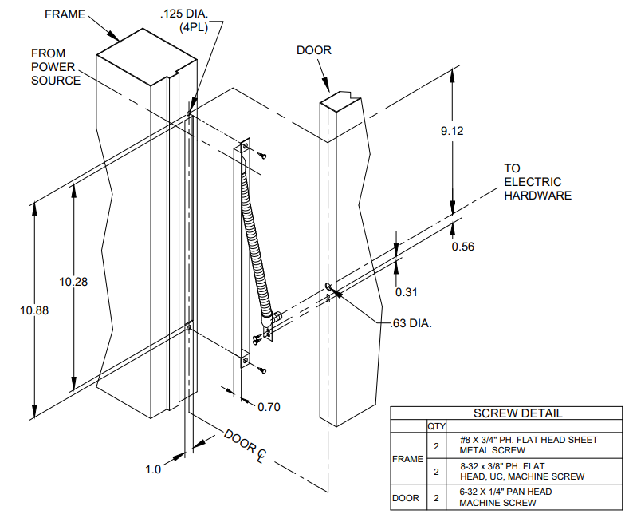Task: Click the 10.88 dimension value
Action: click(34, 310)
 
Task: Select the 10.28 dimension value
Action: click(73, 281)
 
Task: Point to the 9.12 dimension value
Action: click(451, 131)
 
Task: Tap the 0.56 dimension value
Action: click(462, 247)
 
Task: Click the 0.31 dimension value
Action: click(407, 291)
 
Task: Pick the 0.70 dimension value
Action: click(269, 407)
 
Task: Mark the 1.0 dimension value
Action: click(153, 469)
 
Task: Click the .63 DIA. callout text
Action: click(411, 324)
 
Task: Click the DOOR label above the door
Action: click(314, 50)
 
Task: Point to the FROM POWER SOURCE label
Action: click(55, 67)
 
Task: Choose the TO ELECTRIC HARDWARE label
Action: click(537, 182)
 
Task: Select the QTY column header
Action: click(437, 426)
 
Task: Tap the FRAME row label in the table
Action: click(407, 459)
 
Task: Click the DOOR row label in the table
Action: click(407, 498)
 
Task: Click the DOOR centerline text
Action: click(245, 445)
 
